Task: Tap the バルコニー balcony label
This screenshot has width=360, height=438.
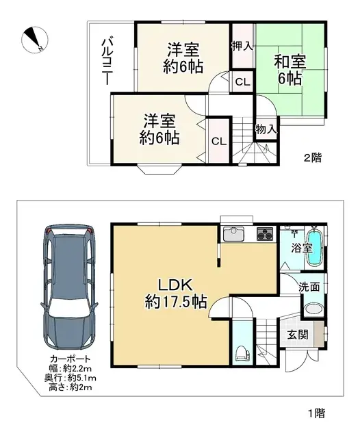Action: (107, 62)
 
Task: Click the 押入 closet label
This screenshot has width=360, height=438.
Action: (242, 47)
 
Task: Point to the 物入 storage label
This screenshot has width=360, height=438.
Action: (266, 129)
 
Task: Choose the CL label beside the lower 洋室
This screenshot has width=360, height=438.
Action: (218, 142)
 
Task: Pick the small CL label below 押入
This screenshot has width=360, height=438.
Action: (242, 82)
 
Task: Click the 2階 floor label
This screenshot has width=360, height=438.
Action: (313, 157)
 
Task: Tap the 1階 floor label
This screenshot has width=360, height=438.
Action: (316, 412)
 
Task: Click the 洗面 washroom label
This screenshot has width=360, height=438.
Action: (308, 287)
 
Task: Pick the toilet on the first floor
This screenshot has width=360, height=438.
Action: (241, 353)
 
